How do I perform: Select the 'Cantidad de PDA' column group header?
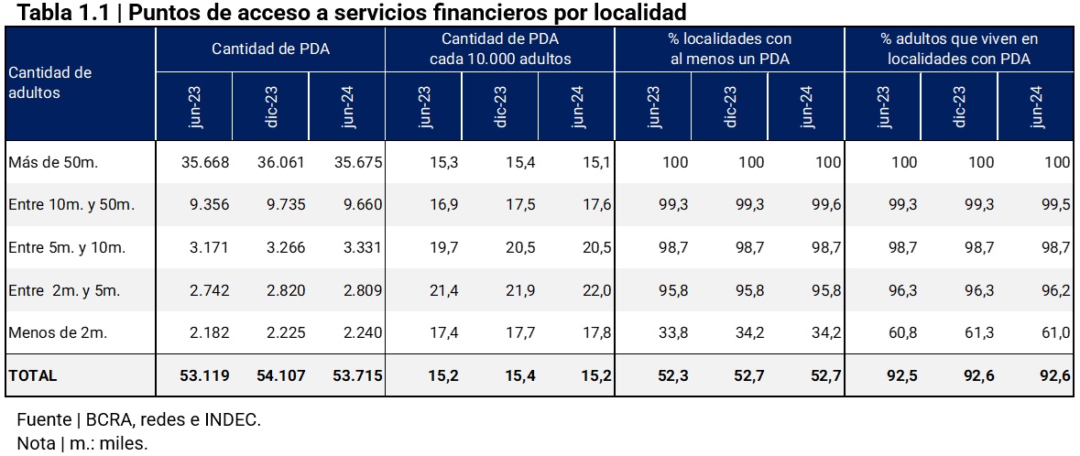point(270,49)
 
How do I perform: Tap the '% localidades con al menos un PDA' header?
point(729,49)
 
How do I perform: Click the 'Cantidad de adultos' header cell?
point(50,82)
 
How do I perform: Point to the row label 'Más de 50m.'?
point(52,162)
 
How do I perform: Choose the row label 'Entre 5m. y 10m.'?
point(66,247)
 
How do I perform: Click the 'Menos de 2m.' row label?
point(57,332)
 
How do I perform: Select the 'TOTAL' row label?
point(32,375)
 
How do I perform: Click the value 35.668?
point(205,162)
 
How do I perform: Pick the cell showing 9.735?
point(282,205)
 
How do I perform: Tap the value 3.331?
point(359,247)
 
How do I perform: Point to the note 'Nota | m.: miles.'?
point(82,443)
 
